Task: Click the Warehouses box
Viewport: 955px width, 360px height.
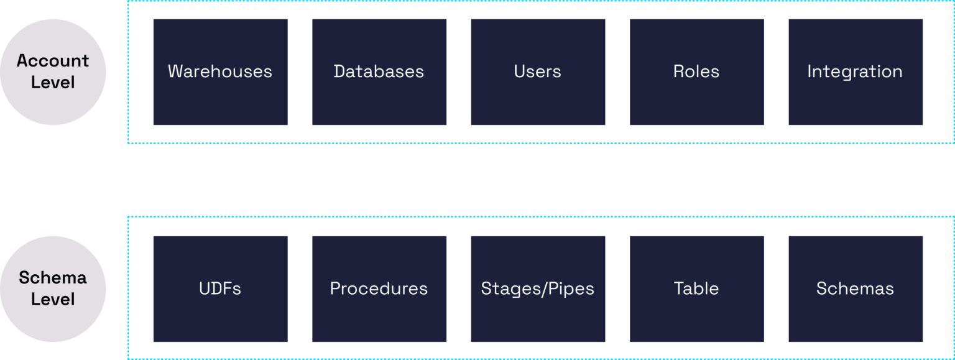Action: tap(220, 72)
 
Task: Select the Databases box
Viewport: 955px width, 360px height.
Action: tap(379, 72)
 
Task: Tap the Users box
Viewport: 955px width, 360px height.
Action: tap(537, 72)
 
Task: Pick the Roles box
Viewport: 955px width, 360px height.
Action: tap(696, 72)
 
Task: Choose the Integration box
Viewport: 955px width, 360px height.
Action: tap(855, 72)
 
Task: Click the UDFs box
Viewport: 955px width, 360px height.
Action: tap(220, 289)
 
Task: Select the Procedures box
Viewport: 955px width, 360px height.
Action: tap(379, 289)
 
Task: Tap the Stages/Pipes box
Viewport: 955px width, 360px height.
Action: tap(537, 289)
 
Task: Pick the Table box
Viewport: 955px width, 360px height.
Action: tap(696, 289)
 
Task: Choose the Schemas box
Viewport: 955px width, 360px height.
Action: tap(855, 289)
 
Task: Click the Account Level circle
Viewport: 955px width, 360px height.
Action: tap(53, 72)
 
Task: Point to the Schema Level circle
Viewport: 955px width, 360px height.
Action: tap(53, 288)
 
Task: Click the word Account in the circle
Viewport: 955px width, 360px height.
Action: tap(53, 61)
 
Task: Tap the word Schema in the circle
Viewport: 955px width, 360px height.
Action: tap(53, 278)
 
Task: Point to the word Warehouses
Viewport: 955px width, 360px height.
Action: tap(220, 72)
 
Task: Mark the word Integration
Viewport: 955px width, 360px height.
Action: tap(855, 72)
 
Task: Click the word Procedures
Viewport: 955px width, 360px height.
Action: tap(379, 289)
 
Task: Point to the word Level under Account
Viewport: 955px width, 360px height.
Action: tap(53, 83)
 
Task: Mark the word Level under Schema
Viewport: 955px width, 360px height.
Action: tap(53, 300)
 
